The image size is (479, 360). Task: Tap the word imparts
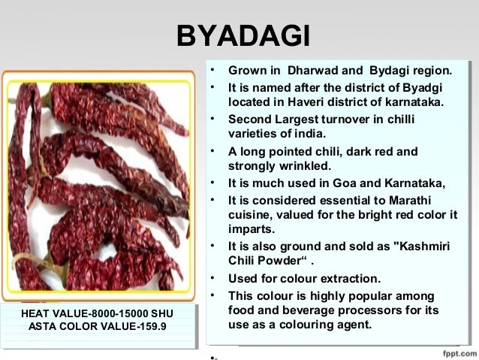click(x=251, y=228)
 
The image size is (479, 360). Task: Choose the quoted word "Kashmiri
click(x=417, y=247)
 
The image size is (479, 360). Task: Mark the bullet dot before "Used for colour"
click(x=214, y=278)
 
